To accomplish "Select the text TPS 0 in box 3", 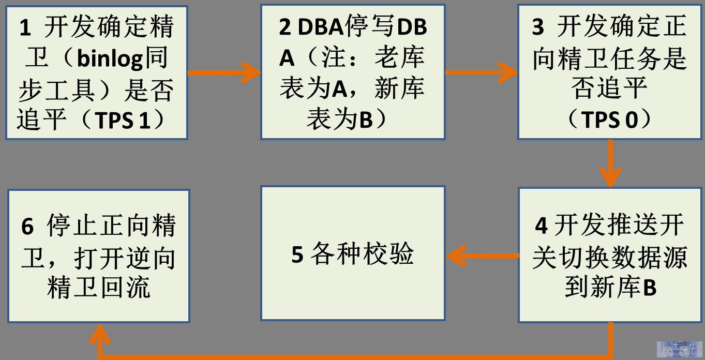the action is coord(609,120).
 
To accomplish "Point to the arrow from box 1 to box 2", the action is coord(224,73).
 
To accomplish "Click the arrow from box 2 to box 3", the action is coord(482,72).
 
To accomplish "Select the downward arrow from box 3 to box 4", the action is coord(610,163).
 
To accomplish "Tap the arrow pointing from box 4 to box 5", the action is coord(482,256).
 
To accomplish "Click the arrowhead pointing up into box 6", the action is coord(99,334).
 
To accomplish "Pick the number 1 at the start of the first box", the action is coord(25,27).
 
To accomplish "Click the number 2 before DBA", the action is coord(285,27).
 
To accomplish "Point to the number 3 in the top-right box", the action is coord(538,27).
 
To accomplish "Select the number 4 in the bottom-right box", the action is coord(541,226).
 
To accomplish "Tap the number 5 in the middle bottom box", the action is coord(297,254).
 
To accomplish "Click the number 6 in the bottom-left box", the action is coord(27,226).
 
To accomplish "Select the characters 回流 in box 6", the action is coord(125,288).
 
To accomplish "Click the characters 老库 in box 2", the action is coord(400,57).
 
